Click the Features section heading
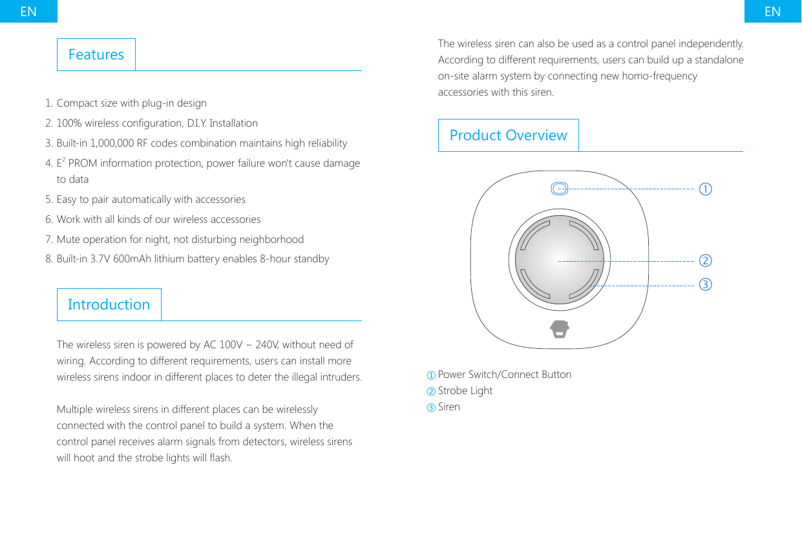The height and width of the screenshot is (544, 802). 96,55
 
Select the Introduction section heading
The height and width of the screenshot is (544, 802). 109,304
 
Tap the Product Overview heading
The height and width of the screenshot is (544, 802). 508,135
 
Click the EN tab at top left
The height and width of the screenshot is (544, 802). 28,11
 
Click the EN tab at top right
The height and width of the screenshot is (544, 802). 772,11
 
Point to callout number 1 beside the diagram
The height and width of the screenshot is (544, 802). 705,189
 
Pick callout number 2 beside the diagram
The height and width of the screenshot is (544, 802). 705,261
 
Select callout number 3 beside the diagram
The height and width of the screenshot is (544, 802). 705,284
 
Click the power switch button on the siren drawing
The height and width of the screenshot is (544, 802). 560,189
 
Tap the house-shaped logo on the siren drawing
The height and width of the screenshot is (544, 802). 560,329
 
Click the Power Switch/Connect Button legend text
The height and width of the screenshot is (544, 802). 504,375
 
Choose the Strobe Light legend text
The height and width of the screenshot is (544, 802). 465,391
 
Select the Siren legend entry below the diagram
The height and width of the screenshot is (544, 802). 448,407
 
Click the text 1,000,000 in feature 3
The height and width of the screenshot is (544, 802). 112,143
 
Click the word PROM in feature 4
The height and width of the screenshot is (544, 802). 82,163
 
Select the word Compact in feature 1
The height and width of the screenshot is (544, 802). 76,103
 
